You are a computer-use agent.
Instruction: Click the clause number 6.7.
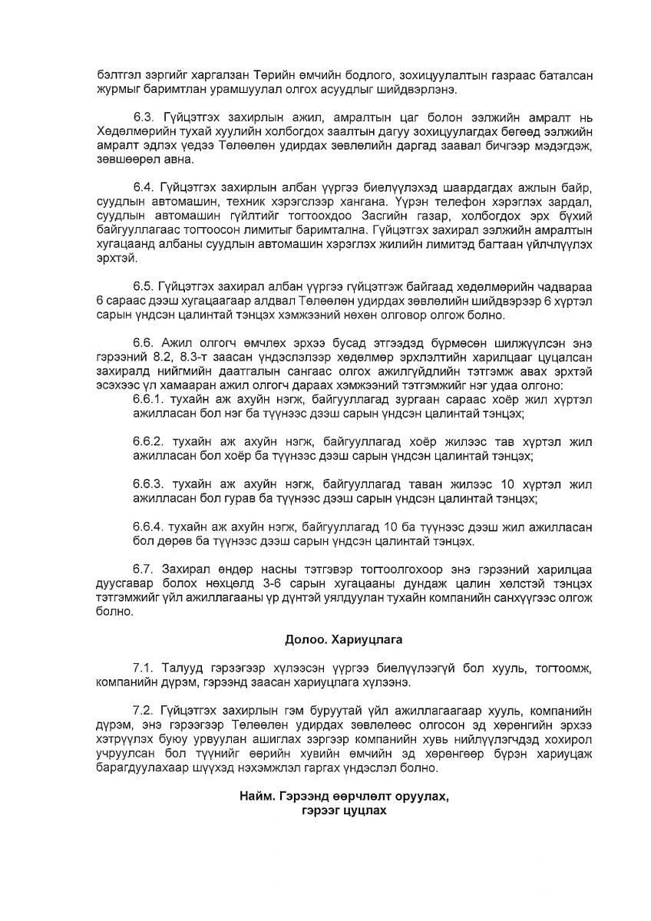(142, 569)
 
